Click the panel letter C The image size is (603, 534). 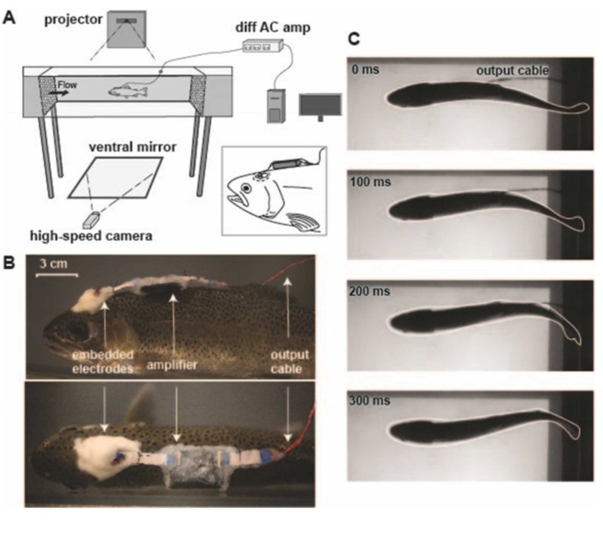point(354,39)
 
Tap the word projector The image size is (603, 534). point(73,20)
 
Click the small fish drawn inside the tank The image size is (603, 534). point(128,91)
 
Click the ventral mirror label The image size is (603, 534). point(133,147)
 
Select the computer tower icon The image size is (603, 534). point(275,106)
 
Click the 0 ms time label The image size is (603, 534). point(365,69)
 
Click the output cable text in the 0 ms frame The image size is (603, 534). point(512,70)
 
